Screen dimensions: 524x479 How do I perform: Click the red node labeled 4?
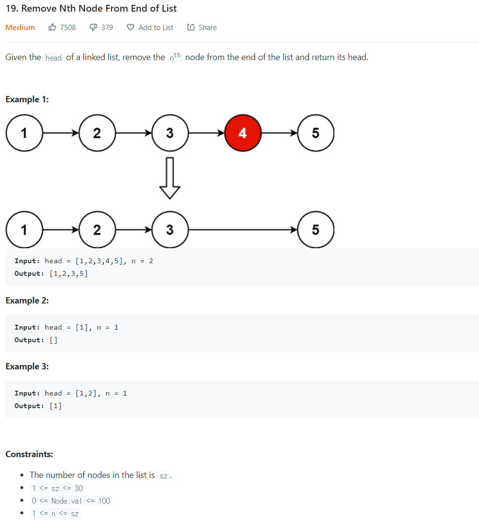243,133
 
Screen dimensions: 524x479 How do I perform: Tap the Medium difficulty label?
20,28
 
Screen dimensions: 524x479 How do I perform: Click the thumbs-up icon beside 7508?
52,28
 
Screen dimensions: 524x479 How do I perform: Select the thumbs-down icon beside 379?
94,28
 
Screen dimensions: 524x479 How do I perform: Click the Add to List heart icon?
130,28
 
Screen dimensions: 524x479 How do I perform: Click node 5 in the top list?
315,133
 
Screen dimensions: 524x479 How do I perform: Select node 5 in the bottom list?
315,229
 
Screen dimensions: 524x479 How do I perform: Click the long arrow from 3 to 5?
243,229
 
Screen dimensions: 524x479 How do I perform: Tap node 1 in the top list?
24,133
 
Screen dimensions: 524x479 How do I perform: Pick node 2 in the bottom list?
97,229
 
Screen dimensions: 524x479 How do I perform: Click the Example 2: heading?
27,301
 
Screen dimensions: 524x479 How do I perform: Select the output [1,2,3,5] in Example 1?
68,274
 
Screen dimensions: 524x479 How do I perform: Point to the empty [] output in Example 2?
53,340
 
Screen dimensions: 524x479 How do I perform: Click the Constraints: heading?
29,454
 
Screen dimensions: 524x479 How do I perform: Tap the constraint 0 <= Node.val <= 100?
71,501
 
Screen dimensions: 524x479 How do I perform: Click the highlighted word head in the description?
53,58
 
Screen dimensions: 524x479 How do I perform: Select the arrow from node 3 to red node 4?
206,133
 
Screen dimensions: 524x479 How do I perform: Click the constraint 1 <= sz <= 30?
58,488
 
